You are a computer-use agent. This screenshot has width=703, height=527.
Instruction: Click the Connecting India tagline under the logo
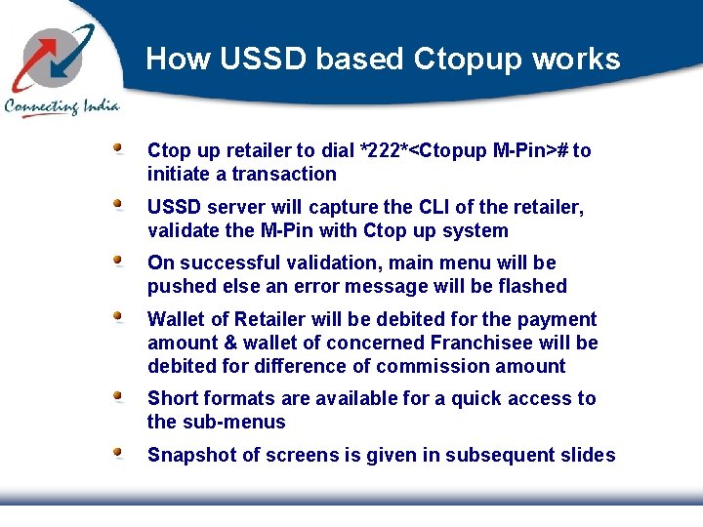(62, 105)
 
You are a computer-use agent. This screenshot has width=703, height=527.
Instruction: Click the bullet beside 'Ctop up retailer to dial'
(117, 149)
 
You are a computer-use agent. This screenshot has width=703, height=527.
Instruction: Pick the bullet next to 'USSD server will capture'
(117, 206)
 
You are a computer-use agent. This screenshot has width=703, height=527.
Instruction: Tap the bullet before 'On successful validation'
(117, 262)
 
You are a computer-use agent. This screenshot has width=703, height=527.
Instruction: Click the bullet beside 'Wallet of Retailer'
(117, 317)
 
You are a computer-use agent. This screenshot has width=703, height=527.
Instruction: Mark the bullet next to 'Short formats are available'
(117, 397)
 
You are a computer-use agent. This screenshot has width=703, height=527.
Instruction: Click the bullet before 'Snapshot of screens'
(117, 454)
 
